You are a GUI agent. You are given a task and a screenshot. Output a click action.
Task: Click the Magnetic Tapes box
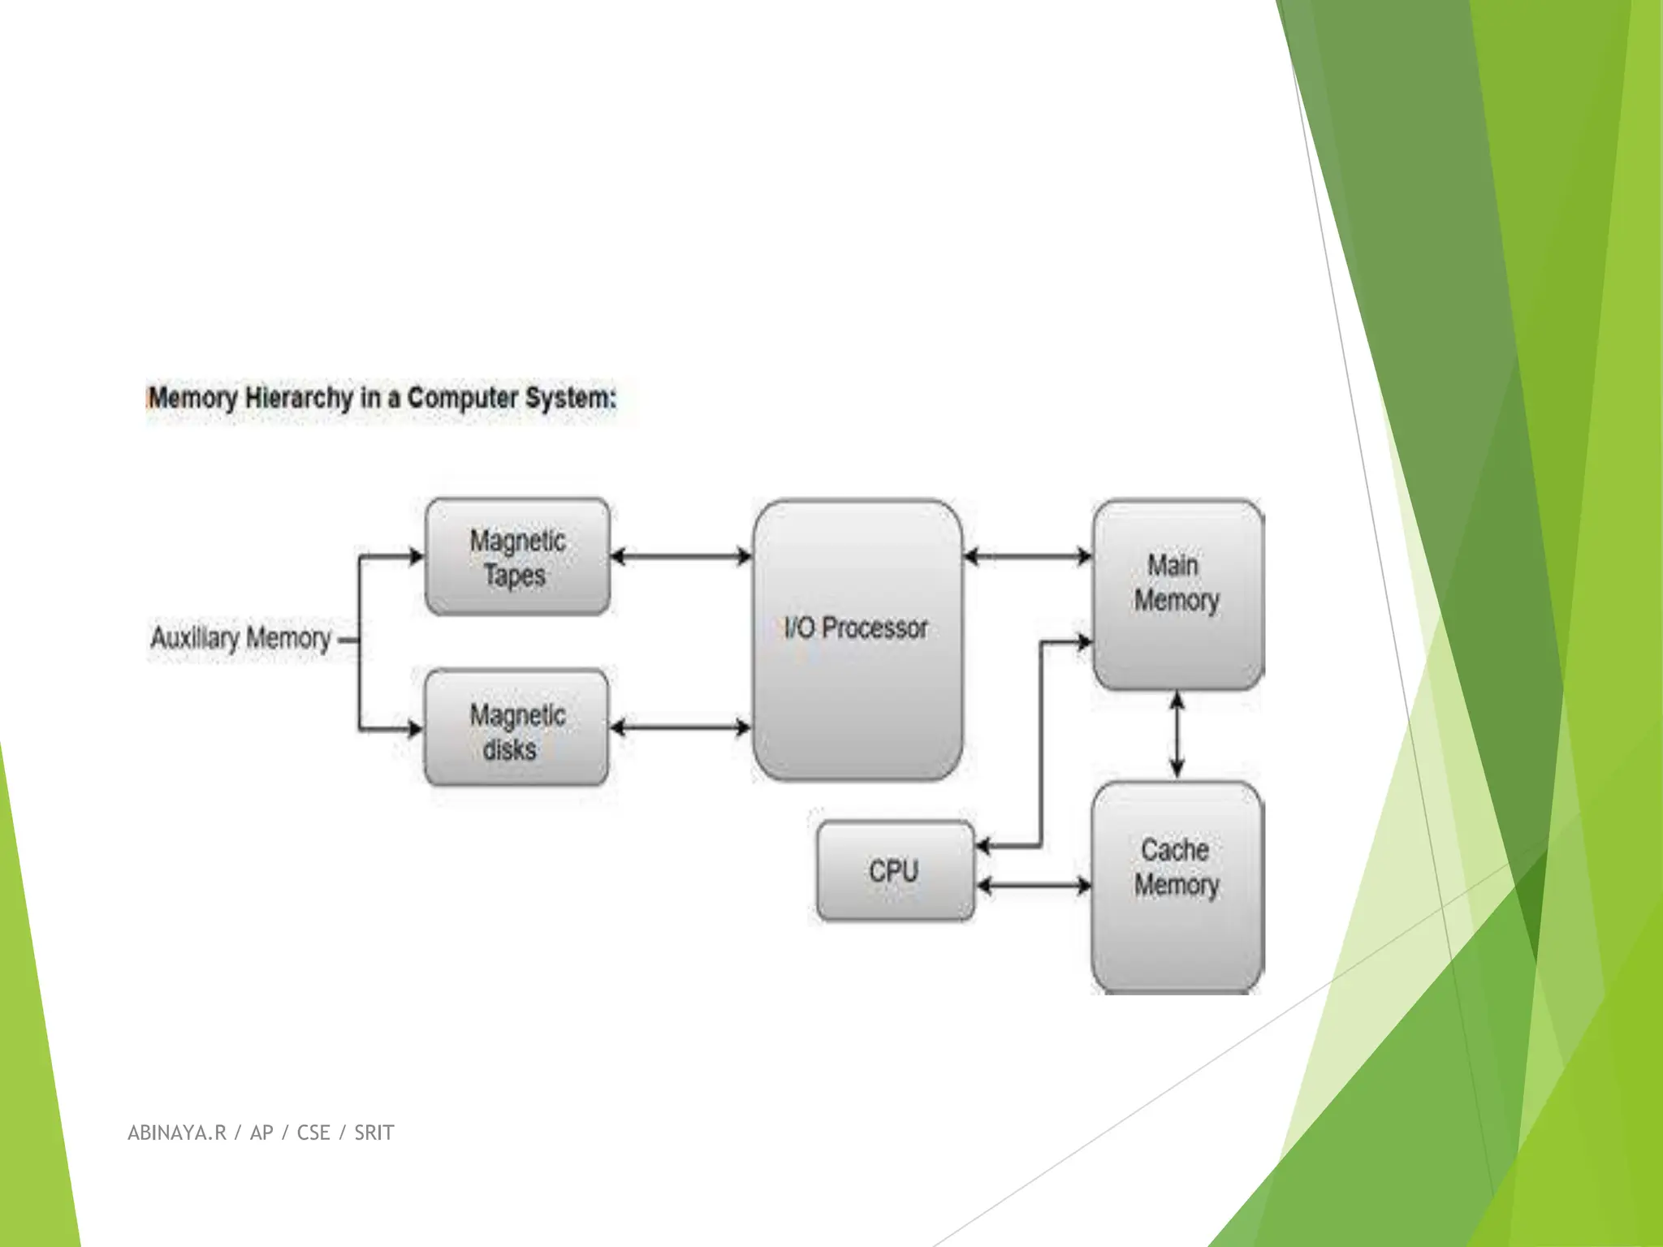[517, 557]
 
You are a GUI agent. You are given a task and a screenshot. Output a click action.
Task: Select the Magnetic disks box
[516, 728]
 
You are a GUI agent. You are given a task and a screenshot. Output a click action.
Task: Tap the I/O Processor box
[857, 640]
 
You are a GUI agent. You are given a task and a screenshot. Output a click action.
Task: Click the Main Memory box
[1177, 595]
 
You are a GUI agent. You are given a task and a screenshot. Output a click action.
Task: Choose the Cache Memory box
[1177, 887]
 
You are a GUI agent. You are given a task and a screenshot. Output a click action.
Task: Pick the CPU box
[894, 871]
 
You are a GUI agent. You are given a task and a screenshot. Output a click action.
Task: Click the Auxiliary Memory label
[241, 638]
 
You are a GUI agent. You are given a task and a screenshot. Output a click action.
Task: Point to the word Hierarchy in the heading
[299, 399]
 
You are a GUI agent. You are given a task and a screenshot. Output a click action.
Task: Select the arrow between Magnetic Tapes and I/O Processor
[680, 557]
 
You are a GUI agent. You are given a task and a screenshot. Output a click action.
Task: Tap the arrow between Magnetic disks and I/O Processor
[680, 727]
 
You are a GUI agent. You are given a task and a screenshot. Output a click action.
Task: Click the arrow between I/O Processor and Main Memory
[1027, 557]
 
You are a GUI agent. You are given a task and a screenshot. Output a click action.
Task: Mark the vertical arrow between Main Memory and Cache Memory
[1177, 736]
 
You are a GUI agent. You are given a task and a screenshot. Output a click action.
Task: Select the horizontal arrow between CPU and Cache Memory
[1033, 886]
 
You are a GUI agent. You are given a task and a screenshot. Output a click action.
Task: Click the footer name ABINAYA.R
[177, 1133]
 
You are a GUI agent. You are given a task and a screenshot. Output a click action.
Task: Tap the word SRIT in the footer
[374, 1133]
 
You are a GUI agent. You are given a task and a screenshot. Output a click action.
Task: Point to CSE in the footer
[313, 1133]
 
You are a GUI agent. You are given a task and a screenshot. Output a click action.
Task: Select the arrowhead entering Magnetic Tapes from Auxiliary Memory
[417, 557]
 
